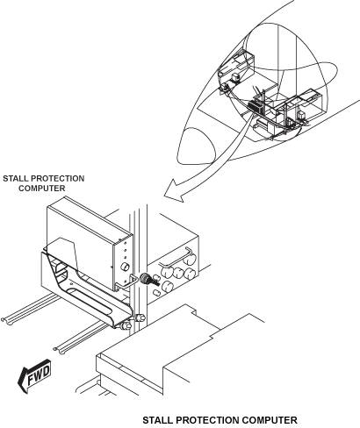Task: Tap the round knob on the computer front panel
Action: pyautogui.click(x=126, y=266)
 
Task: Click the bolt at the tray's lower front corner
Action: pyautogui.click(x=128, y=327)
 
